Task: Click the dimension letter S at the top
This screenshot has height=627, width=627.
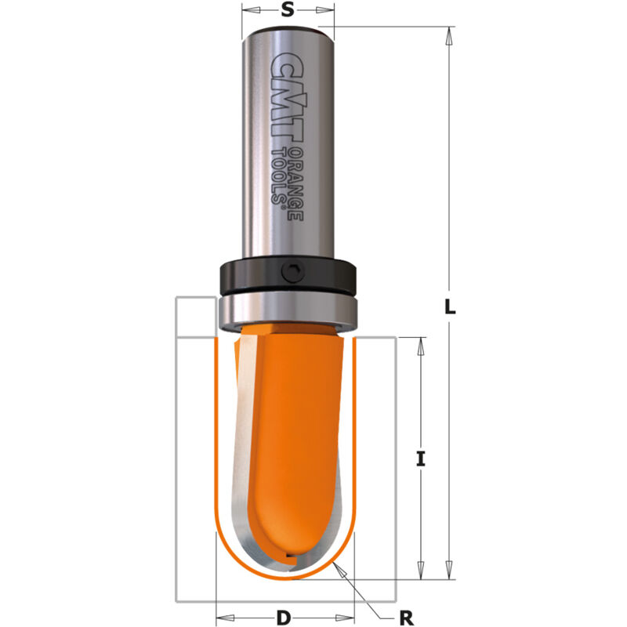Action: pyautogui.click(x=287, y=10)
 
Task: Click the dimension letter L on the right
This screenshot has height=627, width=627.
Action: pyautogui.click(x=449, y=308)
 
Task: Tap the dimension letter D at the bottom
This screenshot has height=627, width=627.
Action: pyautogui.click(x=284, y=617)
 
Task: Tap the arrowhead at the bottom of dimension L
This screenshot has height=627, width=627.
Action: pyautogui.click(x=449, y=574)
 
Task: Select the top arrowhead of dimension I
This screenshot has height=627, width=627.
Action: pyautogui.click(x=421, y=344)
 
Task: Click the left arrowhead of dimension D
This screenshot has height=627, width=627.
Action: pyautogui.click(x=222, y=616)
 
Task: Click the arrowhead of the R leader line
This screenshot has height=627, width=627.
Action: pyautogui.click(x=339, y=566)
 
